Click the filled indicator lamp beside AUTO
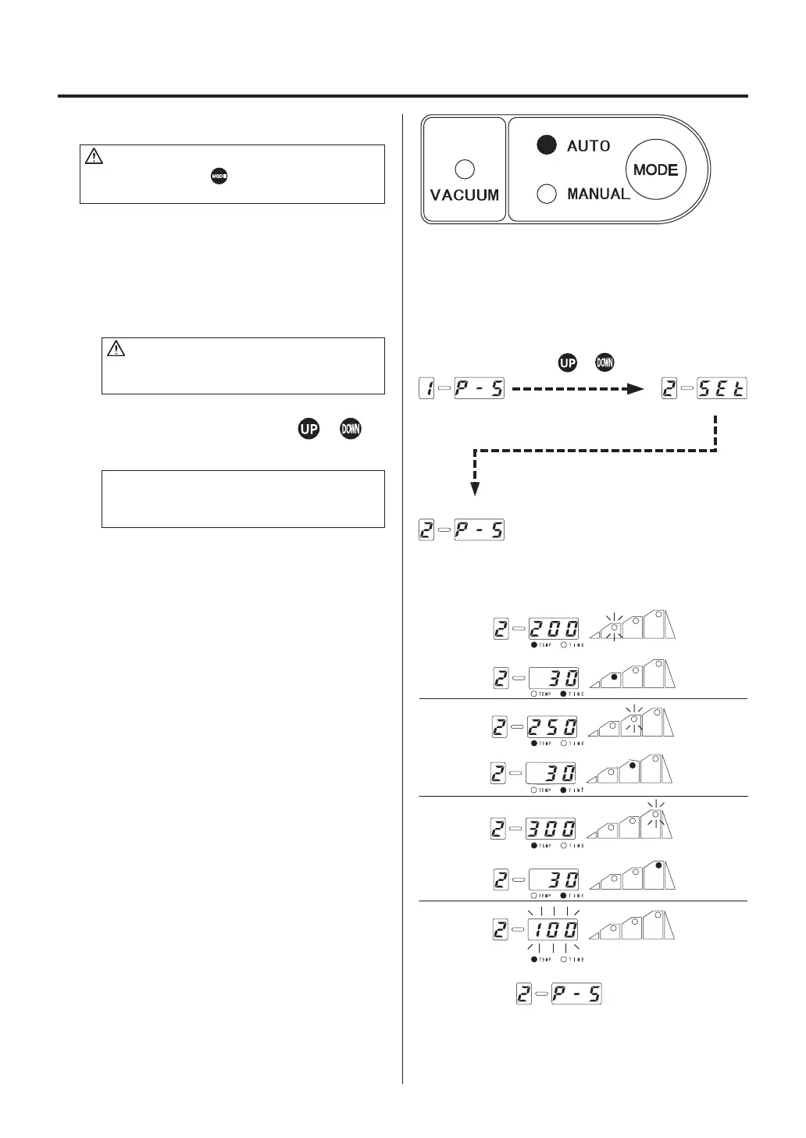(547, 145)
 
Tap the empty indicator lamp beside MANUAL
(547, 193)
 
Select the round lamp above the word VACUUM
(465, 169)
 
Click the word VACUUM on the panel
(465, 195)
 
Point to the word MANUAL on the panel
(598, 194)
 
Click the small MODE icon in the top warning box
(219, 177)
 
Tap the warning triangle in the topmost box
(94, 157)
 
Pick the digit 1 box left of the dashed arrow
(426, 389)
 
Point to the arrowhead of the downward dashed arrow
(475, 489)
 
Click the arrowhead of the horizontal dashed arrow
(634, 389)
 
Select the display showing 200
(554, 628)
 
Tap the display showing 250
(554, 727)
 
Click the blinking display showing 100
(554, 929)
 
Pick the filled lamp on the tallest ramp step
(659, 865)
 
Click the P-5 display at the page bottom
(576, 994)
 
